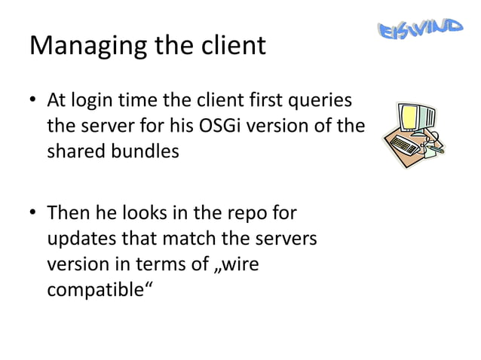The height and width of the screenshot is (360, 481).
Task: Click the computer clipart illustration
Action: (411, 133)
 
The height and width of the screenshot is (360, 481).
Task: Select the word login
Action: (95, 100)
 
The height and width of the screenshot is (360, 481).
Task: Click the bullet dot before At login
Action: (34, 101)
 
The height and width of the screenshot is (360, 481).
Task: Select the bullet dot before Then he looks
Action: (34, 214)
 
